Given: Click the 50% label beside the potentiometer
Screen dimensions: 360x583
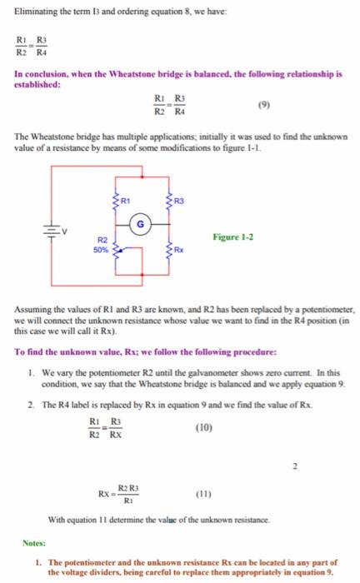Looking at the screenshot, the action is [x=99, y=248].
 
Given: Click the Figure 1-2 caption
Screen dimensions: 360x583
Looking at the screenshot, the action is [x=235, y=237].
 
